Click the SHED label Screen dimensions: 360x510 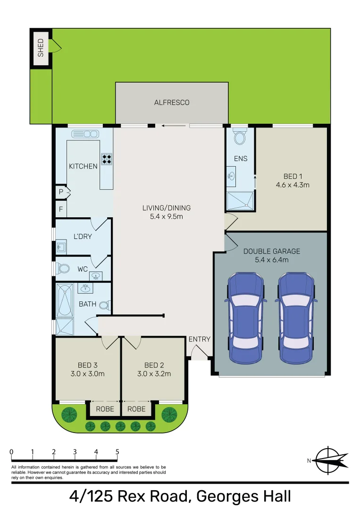pyautogui.click(x=41, y=48)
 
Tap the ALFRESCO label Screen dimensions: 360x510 pyautogui.click(x=172, y=102)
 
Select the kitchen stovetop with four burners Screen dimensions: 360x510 pyautogui.click(x=107, y=159)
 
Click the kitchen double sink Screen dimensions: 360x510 pyautogui.click(x=85, y=134)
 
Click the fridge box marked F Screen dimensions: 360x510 pyautogui.click(x=61, y=209)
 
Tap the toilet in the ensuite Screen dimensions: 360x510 pyautogui.click(x=240, y=137)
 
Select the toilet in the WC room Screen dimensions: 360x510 pyautogui.click(x=63, y=269)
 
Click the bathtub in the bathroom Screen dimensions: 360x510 pyautogui.click(x=65, y=300)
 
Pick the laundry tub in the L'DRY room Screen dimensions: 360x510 pyautogui.click(x=61, y=247)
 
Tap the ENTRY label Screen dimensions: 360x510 pyautogui.click(x=200, y=339)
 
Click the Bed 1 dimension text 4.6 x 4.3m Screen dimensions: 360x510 pyautogui.click(x=293, y=185)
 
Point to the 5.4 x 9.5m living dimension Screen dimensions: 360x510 pyautogui.click(x=167, y=216)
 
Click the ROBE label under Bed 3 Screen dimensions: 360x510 pyautogui.click(x=105, y=409)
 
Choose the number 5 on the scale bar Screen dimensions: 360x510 pyautogui.click(x=117, y=451)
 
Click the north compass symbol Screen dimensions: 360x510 pyautogui.click(x=328, y=460)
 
